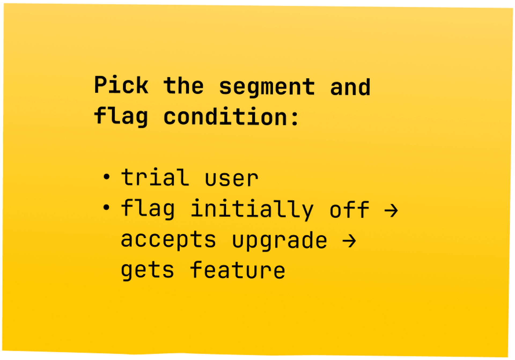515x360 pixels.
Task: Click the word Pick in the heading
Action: pyautogui.click(x=121, y=85)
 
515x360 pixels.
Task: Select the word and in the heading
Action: pyautogui.click(x=350, y=87)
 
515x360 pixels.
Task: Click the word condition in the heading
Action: pyautogui.click(x=225, y=117)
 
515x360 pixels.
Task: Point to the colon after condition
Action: pyautogui.click(x=295, y=118)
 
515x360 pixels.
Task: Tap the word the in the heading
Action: pyautogui.click(x=183, y=86)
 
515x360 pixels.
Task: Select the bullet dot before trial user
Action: pyautogui.click(x=106, y=177)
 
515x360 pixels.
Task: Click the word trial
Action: pyautogui.click(x=155, y=177)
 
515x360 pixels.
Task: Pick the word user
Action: pyautogui.click(x=231, y=179)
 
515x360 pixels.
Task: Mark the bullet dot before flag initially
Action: pyautogui.click(x=106, y=207)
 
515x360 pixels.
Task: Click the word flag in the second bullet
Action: pyautogui.click(x=148, y=209)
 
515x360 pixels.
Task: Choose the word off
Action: pyautogui.click(x=349, y=210)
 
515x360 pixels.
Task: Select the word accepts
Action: pyautogui.click(x=168, y=239)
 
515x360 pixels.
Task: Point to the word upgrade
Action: pyautogui.click(x=279, y=240)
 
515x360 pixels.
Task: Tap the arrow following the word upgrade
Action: pyautogui.click(x=349, y=241)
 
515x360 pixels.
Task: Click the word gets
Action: pyautogui.click(x=148, y=270)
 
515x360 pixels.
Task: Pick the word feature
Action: pyautogui.click(x=238, y=270)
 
